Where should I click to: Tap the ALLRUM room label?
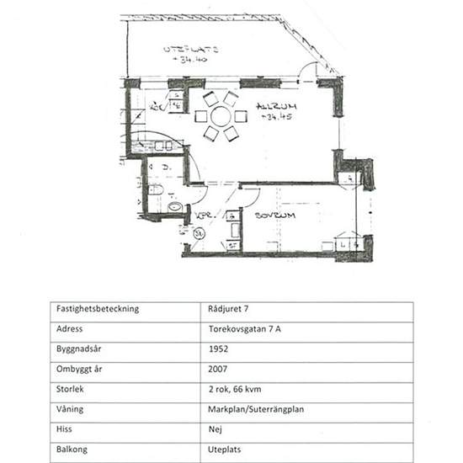pos(257,107)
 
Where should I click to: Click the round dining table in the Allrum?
pos(221,115)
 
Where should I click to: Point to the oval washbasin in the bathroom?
pos(175,206)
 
